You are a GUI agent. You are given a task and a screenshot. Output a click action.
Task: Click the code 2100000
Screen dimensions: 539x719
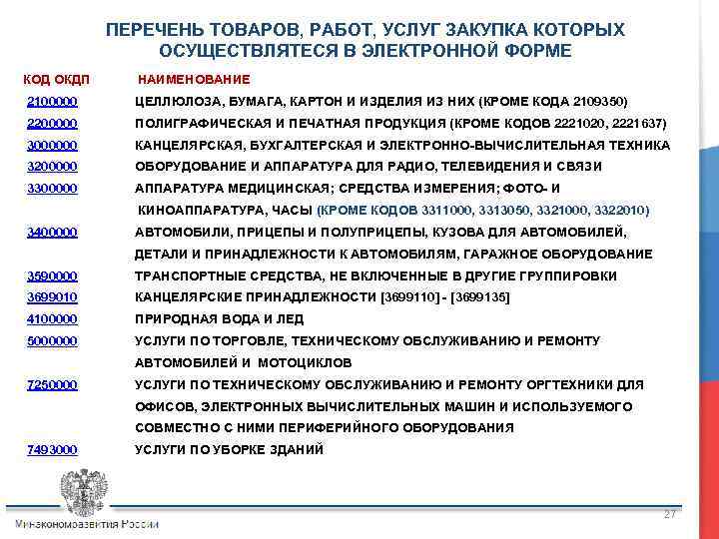click(52, 102)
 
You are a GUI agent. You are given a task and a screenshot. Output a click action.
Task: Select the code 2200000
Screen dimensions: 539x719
click(52, 124)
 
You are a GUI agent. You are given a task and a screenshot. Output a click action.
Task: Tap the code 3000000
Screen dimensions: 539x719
click(52, 145)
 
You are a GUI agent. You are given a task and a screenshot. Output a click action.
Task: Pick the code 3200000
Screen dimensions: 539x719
click(52, 167)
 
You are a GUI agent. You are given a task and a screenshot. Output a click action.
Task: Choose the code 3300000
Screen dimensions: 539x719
click(52, 189)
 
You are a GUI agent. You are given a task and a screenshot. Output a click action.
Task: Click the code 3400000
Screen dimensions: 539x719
click(52, 233)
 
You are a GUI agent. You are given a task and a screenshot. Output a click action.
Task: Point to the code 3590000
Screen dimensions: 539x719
click(52, 275)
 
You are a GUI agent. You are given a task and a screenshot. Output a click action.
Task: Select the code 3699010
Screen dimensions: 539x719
click(52, 297)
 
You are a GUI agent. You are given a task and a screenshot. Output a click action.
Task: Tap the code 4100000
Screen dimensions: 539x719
click(52, 319)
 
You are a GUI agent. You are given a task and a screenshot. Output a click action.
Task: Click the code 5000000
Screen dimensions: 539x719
click(52, 341)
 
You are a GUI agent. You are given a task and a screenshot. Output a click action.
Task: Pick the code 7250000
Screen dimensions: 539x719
click(52, 384)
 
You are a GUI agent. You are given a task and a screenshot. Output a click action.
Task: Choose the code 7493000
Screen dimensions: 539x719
click(52, 450)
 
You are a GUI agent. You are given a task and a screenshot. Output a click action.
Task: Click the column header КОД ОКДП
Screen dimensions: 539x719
click(56, 78)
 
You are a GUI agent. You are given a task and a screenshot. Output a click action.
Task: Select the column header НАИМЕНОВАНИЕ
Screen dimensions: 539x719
click(194, 78)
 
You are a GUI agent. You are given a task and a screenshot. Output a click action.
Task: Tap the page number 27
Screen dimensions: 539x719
click(670, 513)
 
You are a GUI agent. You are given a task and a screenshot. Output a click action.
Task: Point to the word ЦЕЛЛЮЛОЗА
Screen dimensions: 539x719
click(180, 102)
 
